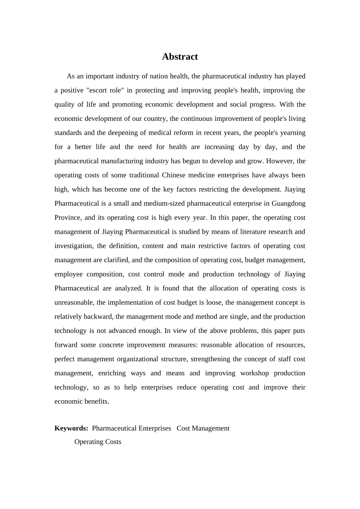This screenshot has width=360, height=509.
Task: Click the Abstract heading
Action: click(180, 57)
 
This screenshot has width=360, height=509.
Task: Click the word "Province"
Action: click(67, 217)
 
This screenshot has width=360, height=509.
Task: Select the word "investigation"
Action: click(73, 246)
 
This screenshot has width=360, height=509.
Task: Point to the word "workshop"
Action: click(255, 373)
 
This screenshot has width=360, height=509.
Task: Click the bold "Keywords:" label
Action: click(71, 428)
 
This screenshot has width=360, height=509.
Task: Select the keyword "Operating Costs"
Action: click(98, 442)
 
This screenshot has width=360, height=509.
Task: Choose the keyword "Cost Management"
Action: click(203, 428)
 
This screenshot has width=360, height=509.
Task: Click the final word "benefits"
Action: click(97, 401)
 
